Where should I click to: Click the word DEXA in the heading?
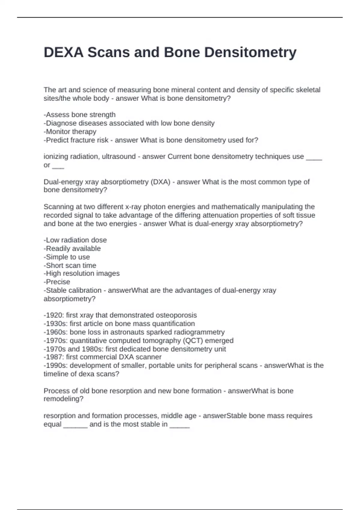64,52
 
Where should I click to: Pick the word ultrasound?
119,157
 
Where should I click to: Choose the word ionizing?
55,157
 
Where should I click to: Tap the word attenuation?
219,215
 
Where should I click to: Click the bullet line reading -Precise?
57,282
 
